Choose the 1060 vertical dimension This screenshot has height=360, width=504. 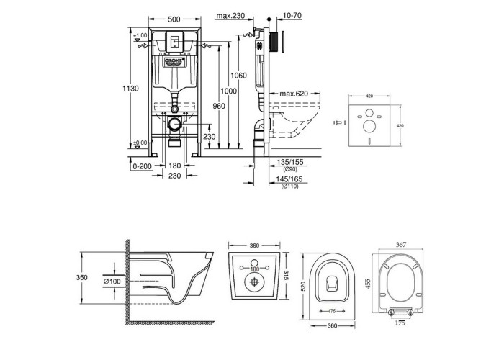tap(239, 76)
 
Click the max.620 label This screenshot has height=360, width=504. tap(296, 94)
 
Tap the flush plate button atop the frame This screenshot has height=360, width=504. tap(173, 41)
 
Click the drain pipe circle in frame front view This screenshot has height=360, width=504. tap(173, 123)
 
